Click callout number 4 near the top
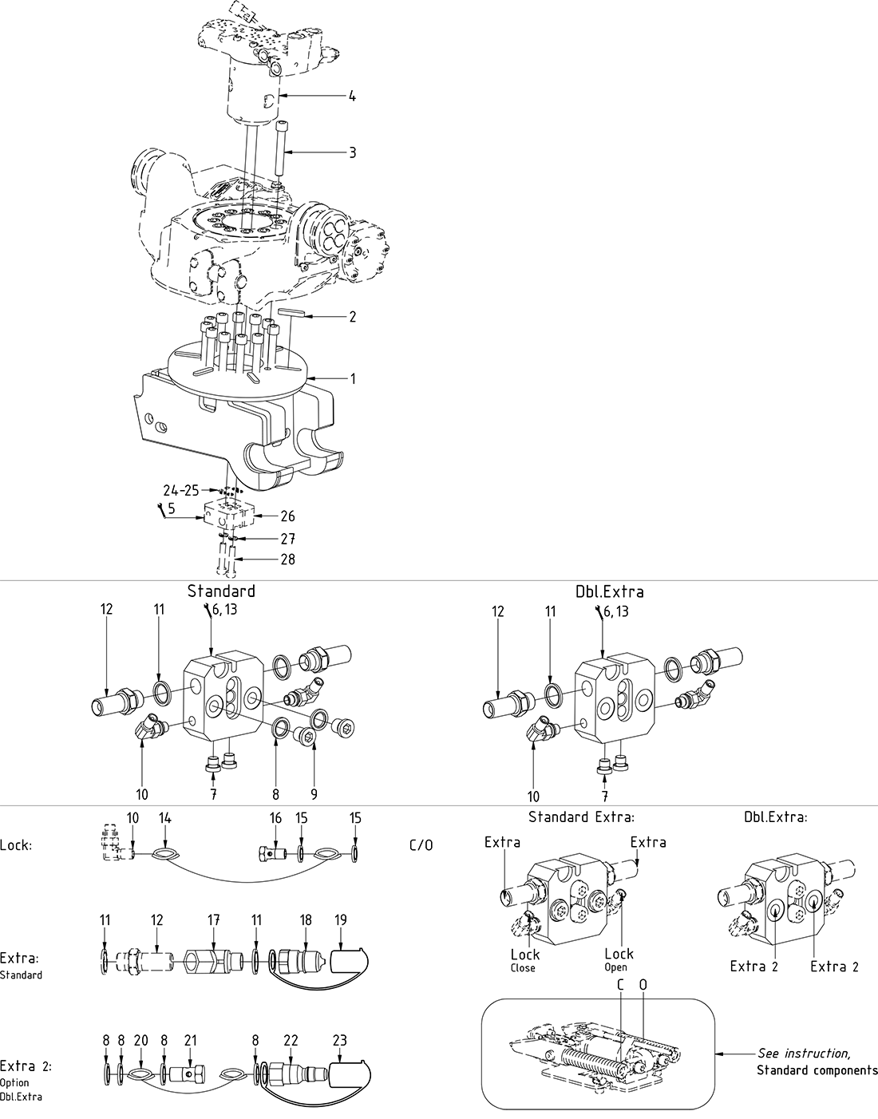[351, 97]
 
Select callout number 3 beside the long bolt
[351, 152]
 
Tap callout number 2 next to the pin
[351, 317]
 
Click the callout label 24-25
[180, 490]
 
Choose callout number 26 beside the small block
[287, 516]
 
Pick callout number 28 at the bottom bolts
[287, 559]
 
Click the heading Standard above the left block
[221, 591]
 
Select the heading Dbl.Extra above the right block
[609, 591]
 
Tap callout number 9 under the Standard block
[314, 794]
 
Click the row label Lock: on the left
[17, 844]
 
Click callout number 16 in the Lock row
[275, 818]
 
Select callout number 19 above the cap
[341, 920]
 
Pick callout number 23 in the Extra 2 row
[341, 1040]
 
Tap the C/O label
[421, 844]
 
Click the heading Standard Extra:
[581, 817]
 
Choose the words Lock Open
[619, 959]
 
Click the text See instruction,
[804, 1054]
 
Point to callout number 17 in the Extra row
[214, 920]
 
